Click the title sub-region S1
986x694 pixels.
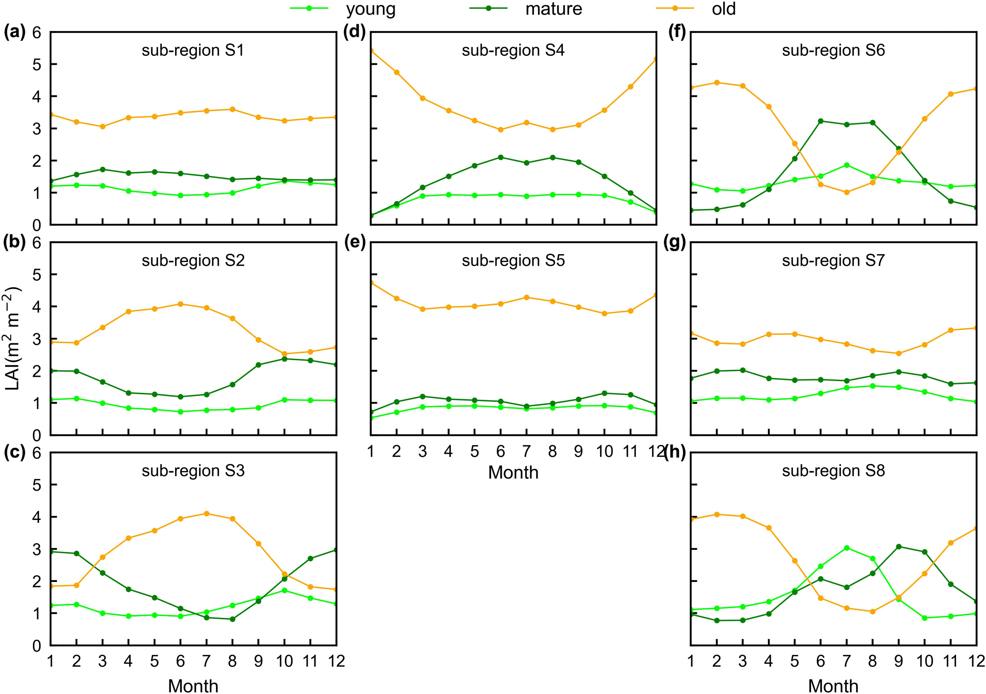click(193, 50)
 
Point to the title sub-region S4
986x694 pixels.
click(513, 50)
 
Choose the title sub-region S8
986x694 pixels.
click(833, 471)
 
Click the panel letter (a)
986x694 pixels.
click(14, 32)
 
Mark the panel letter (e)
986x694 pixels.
click(354, 243)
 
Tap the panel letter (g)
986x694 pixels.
click(675, 243)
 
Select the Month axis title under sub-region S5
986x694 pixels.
click(513, 473)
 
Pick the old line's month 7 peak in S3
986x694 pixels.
click(207, 514)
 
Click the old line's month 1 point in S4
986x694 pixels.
click(371, 51)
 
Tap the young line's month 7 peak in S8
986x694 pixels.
click(847, 548)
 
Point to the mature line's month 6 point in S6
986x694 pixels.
click(821, 121)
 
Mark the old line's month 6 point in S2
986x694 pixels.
click(180, 304)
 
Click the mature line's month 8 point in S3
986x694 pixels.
click(233, 619)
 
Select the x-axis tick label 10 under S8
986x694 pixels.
click(924, 661)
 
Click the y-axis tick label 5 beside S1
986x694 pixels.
click(37, 64)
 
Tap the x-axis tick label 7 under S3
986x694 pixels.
click(207, 661)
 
